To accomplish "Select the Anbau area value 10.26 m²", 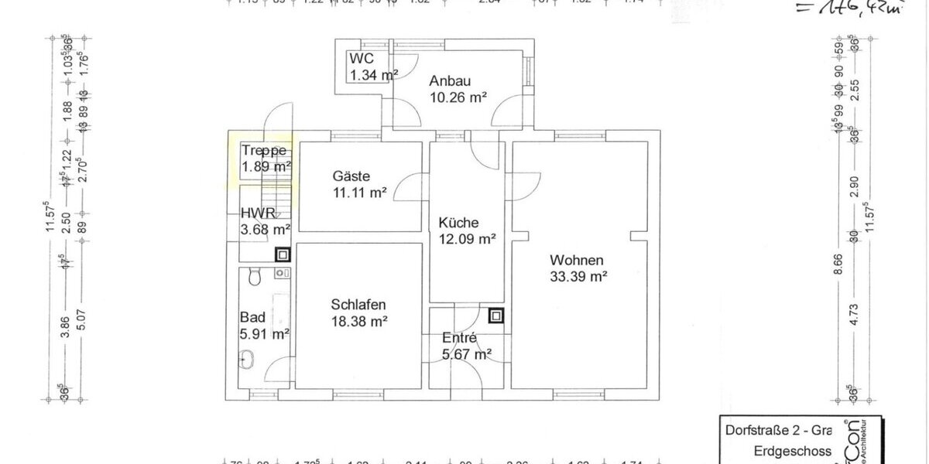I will pyautogui.click(x=458, y=97).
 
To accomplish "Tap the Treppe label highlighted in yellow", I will pyautogui.click(x=264, y=151).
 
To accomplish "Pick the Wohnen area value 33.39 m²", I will pyautogui.click(x=578, y=275).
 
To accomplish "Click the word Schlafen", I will pyautogui.click(x=358, y=304).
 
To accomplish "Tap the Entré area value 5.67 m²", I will pyautogui.click(x=467, y=355).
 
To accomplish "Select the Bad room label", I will pyautogui.click(x=252, y=317).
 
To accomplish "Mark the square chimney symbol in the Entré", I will pyautogui.click(x=495, y=315).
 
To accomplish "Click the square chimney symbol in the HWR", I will pyautogui.click(x=283, y=254).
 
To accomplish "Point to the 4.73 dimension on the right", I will pyautogui.click(x=854, y=316).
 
